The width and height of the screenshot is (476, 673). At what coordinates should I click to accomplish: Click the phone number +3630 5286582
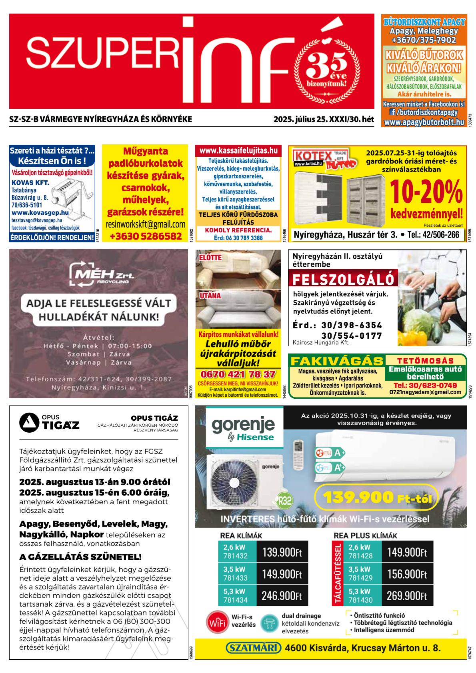coord(145,236)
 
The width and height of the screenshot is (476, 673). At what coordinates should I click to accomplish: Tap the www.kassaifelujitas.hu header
coord(238,151)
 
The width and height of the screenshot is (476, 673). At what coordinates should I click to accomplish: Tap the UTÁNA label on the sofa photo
coord(210,296)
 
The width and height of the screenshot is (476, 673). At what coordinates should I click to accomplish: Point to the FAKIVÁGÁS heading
coord(337,361)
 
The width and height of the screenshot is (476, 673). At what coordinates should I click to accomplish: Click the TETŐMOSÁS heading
coord(426,361)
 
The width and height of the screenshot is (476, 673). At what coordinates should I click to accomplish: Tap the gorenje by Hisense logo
coord(243,428)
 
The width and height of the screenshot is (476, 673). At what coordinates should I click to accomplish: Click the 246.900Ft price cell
coord(282,596)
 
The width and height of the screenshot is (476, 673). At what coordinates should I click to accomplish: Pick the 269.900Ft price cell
coord(407,596)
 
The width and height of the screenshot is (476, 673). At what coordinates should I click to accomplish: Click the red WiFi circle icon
coord(217,623)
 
